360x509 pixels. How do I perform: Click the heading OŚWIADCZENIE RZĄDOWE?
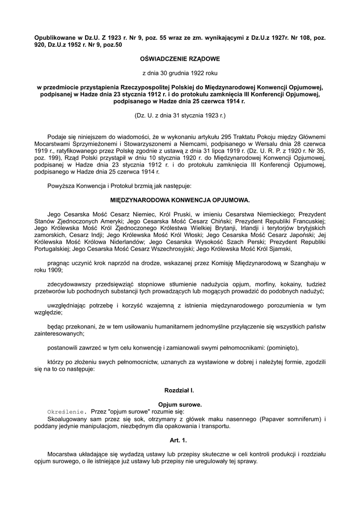(x=180, y=59)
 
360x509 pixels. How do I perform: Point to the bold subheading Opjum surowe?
(x=180, y=405)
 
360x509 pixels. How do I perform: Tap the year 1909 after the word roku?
(x=55, y=270)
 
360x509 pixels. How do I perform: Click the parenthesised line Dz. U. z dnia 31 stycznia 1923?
(x=180, y=115)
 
